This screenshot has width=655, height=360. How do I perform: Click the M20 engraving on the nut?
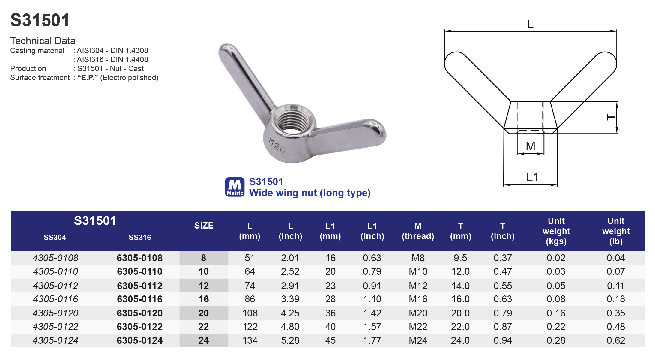[x=277, y=145]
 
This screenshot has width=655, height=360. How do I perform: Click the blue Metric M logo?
[x=235, y=187]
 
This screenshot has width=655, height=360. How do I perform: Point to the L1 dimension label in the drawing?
[x=532, y=177]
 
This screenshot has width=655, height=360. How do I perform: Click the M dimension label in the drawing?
[x=530, y=146]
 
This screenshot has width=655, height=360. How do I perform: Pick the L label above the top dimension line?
[x=530, y=24]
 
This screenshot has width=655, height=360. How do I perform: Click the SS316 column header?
[x=140, y=237]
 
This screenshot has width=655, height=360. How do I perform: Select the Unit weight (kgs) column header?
[x=556, y=231]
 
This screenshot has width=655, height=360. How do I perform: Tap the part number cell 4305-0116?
[x=55, y=299]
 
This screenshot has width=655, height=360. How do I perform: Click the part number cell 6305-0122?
[x=140, y=327]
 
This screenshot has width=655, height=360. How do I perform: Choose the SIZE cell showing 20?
[x=203, y=313]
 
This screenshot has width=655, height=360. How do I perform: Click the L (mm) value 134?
[x=250, y=340]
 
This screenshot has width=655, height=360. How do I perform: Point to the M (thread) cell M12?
[x=418, y=286]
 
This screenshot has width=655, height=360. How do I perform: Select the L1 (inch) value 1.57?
[x=372, y=327]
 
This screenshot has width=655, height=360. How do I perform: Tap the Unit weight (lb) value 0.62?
[x=616, y=340]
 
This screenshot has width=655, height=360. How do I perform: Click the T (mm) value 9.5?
[x=460, y=258]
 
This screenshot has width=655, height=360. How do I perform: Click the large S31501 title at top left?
[x=40, y=20]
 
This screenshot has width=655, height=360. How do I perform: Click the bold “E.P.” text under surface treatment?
[x=88, y=78]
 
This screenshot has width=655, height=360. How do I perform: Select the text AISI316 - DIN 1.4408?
[x=112, y=60]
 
